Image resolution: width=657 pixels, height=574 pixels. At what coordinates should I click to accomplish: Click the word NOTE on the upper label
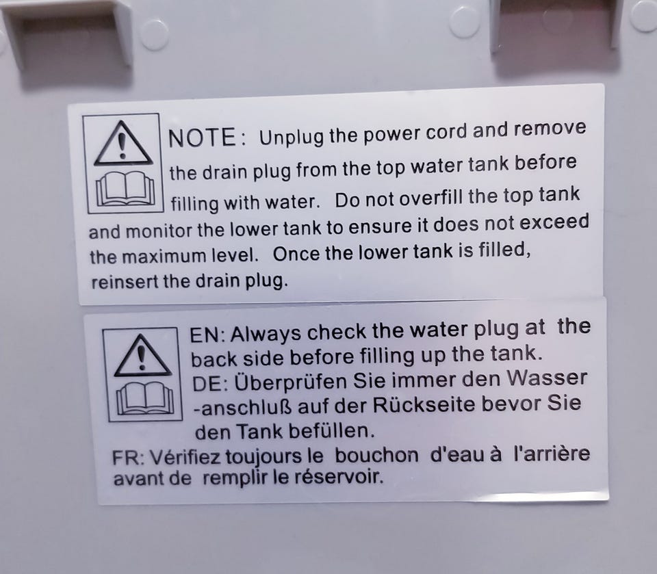[x=202, y=138]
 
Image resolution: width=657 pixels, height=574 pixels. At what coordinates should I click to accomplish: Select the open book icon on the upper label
[x=125, y=189]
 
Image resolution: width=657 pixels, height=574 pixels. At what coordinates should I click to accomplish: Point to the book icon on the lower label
[x=145, y=398]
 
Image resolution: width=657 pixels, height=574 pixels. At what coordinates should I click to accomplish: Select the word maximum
[x=164, y=257]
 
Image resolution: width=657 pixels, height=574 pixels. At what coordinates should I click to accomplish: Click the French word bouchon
[x=376, y=456]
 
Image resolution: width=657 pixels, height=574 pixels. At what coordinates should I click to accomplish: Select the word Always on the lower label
[x=266, y=334]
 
